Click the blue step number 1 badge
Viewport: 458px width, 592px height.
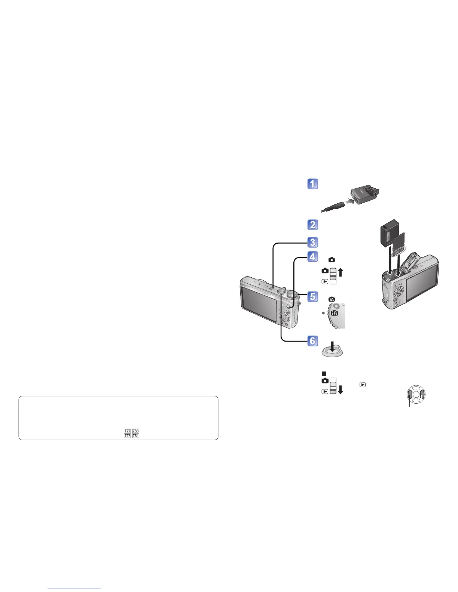click(313, 184)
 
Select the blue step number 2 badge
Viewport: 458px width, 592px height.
click(313, 225)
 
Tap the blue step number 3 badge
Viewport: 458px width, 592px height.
click(313, 242)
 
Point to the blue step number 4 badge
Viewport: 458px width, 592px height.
click(313, 257)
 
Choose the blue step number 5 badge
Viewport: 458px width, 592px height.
click(313, 297)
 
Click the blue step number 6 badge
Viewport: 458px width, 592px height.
click(313, 340)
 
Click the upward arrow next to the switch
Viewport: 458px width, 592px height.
click(340, 272)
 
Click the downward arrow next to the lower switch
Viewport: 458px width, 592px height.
click(340, 389)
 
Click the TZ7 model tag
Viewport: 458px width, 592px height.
click(127, 431)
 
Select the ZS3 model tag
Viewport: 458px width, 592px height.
click(135, 431)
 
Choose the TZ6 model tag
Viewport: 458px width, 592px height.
click(127, 436)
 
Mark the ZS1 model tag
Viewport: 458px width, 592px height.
click(135, 436)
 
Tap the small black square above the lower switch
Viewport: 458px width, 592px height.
click(325, 373)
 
